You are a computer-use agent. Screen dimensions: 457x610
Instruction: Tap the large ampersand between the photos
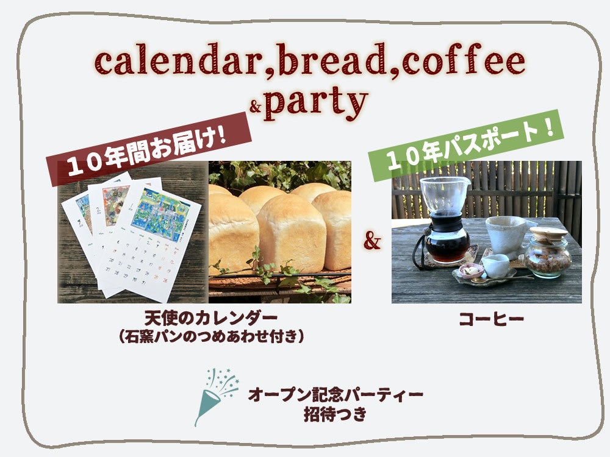371,243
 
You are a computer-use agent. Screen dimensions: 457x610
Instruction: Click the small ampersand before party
256,108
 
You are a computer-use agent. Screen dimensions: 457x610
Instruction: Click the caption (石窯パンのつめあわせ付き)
211,336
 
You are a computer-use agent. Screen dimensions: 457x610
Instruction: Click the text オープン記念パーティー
335,395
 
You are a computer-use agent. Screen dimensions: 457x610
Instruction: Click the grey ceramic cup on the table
506,235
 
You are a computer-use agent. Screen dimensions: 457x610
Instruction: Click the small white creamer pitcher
495,265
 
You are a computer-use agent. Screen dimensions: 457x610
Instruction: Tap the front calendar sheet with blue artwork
156,238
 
